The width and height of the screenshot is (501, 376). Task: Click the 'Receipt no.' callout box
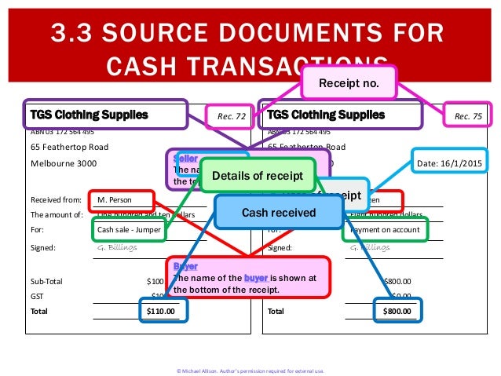click(349, 82)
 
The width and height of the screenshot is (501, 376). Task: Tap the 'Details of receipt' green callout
click(258, 175)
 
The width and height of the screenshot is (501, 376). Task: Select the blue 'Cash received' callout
click(279, 212)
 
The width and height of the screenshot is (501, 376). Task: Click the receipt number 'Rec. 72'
click(230, 116)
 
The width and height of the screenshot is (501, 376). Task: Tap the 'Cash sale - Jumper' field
click(130, 231)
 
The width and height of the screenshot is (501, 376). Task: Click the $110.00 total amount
click(161, 311)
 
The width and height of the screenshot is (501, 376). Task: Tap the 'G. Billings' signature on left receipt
click(117, 247)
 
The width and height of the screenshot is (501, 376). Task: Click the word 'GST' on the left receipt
click(37, 295)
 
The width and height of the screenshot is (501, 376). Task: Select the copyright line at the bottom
click(251, 370)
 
